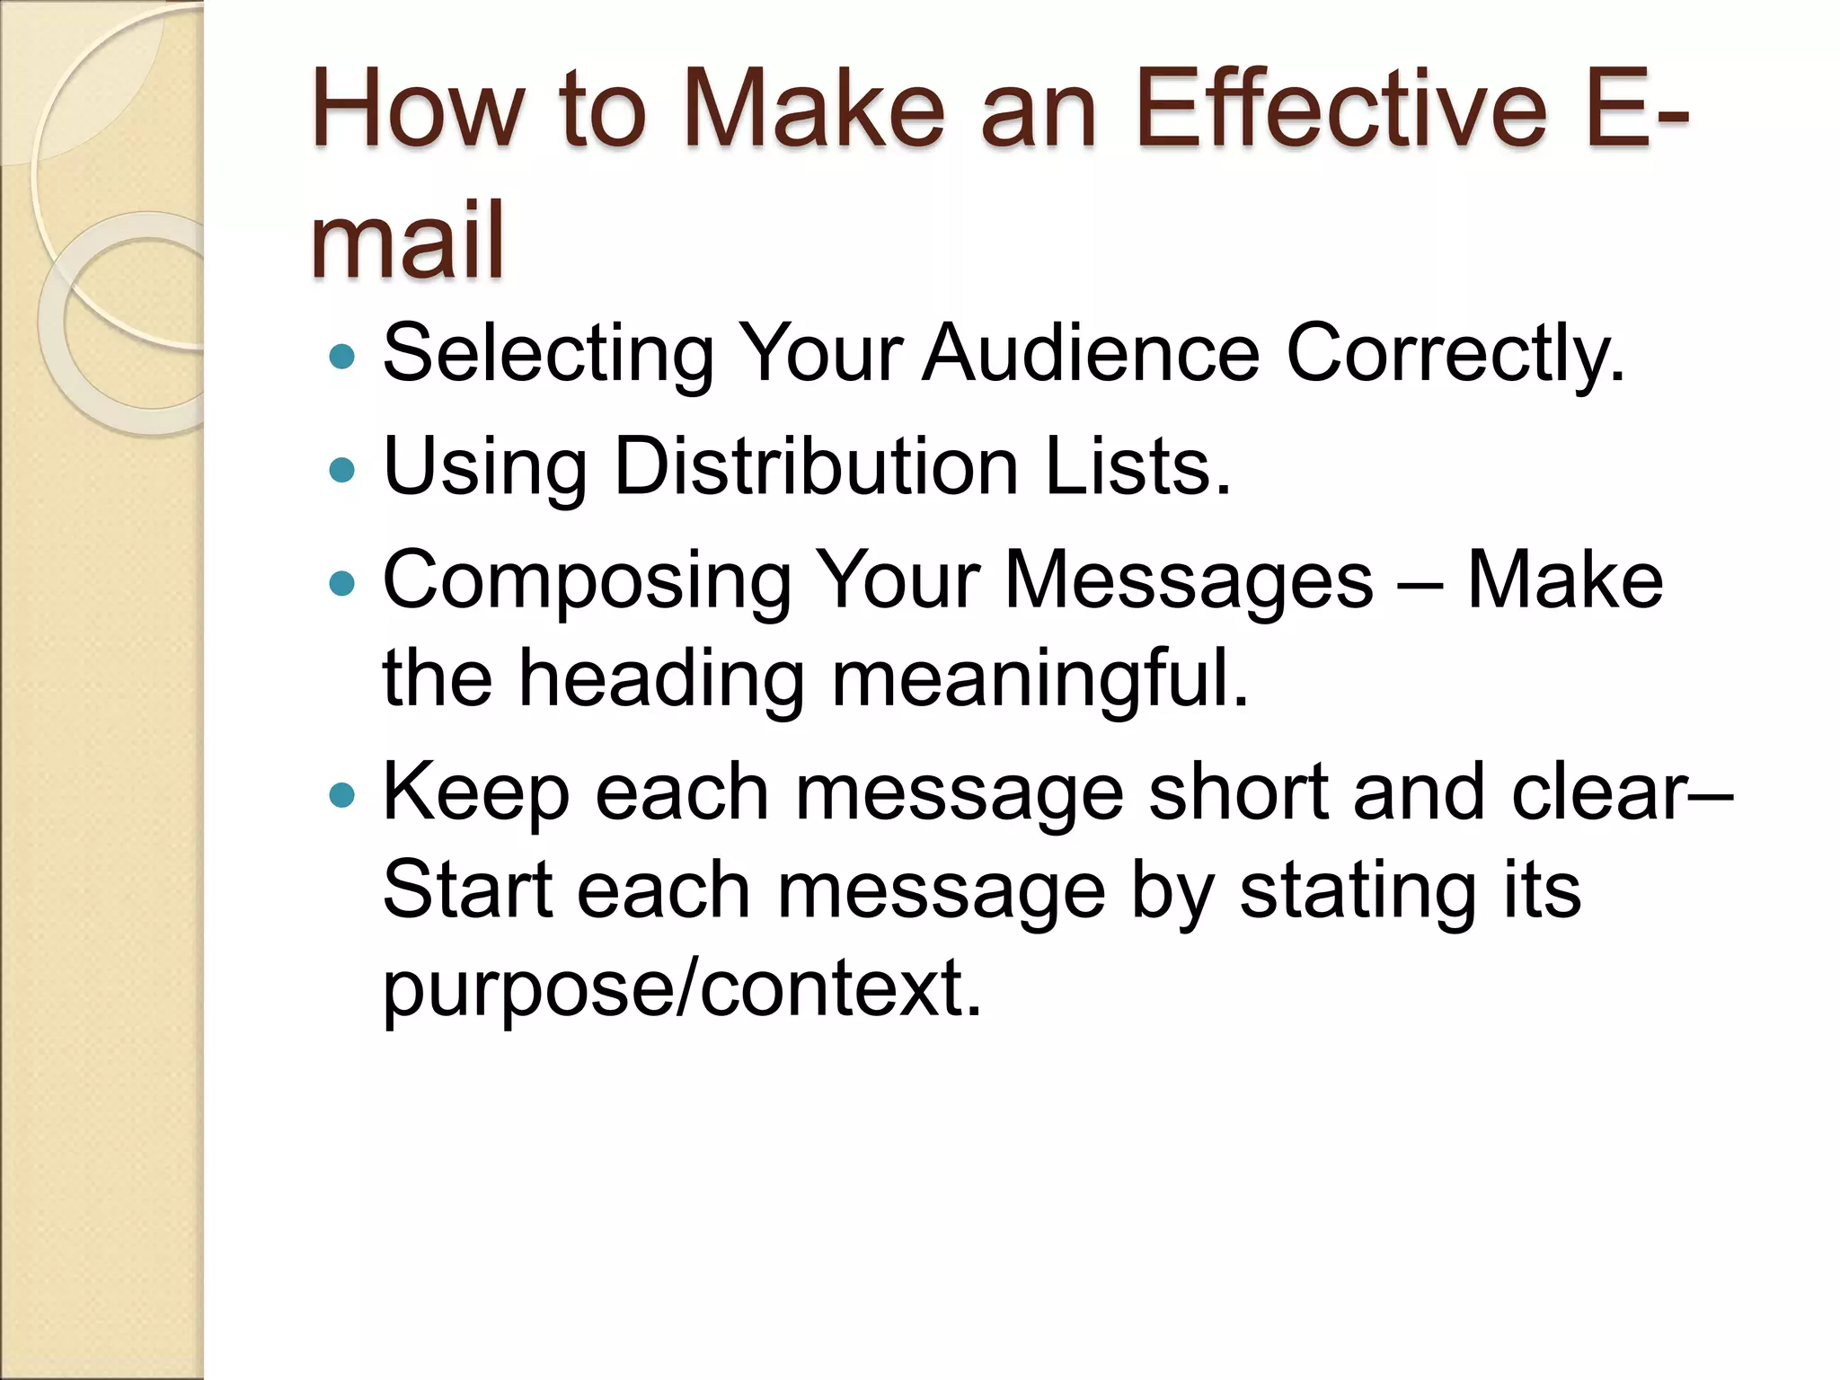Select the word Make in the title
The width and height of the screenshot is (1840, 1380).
817,112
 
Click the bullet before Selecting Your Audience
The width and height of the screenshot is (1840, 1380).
342,357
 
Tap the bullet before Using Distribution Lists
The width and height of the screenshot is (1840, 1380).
342,469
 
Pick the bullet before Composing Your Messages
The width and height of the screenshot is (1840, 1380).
342,584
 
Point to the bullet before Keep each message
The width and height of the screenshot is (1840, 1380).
342,795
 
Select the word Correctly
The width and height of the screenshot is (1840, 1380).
1455,355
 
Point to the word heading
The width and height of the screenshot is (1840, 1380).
661,681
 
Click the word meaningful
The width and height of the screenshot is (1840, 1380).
1039,681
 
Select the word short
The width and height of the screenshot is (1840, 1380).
1239,792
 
